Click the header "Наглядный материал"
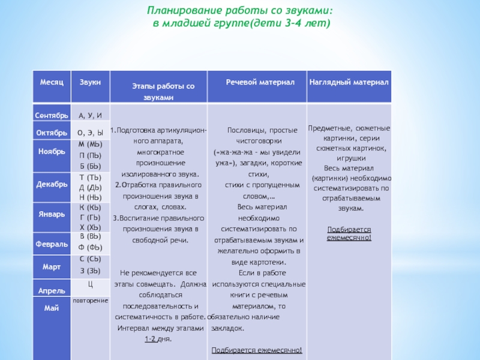[x=349, y=81]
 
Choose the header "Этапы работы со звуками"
[x=158, y=92]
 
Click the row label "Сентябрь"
[x=52, y=115]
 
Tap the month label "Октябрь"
[x=52, y=132]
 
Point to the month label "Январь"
[x=52, y=214]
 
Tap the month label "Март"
[x=52, y=266]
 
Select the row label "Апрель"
[x=52, y=290]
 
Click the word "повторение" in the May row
[x=91, y=299]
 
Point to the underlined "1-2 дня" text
[x=158, y=340]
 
